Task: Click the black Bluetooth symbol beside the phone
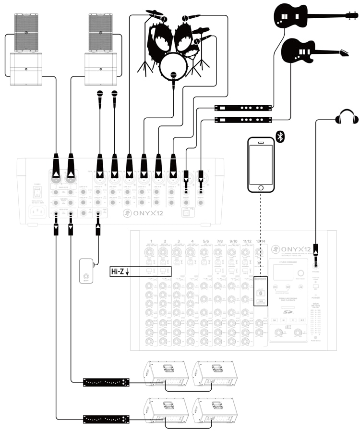(x=281, y=137)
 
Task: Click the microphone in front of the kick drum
(x=173, y=76)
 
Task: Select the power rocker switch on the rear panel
(x=35, y=192)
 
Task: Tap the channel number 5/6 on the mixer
(x=206, y=241)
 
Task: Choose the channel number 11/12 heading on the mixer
(x=247, y=241)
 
